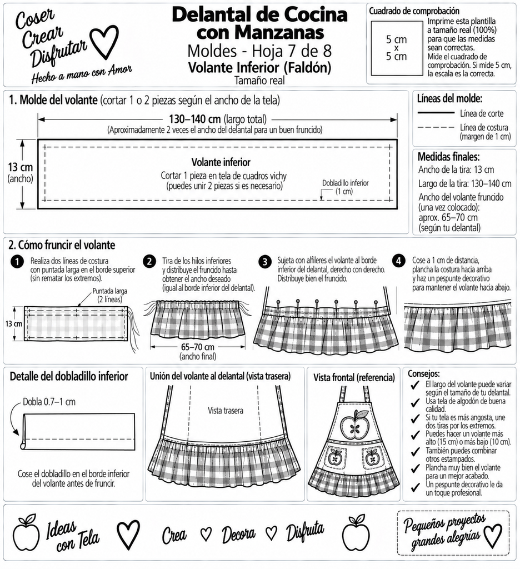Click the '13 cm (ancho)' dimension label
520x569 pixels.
(21, 172)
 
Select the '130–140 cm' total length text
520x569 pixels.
(195, 119)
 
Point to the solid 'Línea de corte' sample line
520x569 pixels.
(436, 113)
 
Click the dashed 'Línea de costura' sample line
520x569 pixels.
(436, 127)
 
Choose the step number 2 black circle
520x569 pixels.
(149, 262)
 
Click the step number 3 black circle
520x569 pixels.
(265, 262)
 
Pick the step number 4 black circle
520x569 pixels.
(399, 261)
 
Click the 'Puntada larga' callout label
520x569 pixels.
(109, 295)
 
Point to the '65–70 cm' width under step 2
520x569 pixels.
(197, 347)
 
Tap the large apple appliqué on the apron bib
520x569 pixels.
(354, 423)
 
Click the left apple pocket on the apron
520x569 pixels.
(336, 457)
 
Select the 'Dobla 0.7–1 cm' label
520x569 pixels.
(49, 402)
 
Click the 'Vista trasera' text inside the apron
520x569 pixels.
(226, 411)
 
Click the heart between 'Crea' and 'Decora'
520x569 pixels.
(206, 533)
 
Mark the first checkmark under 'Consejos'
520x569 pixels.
(415, 385)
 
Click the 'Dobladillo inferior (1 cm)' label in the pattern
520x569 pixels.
(345, 187)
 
